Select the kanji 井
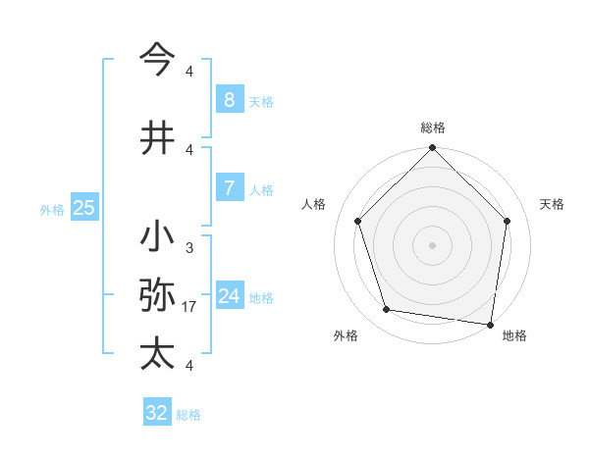(x=157, y=137)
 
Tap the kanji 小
(x=157, y=238)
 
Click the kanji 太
(x=157, y=353)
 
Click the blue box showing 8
(x=229, y=100)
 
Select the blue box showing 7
(x=229, y=188)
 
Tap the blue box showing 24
(x=229, y=296)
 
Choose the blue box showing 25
(x=83, y=208)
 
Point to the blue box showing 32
(x=157, y=413)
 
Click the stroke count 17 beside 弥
(x=189, y=307)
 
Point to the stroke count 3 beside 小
(x=189, y=249)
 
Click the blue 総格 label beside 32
(x=188, y=415)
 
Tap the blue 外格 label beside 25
(x=52, y=209)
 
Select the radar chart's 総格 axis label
(x=433, y=128)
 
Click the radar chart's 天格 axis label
(x=553, y=204)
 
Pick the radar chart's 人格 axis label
(x=314, y=204)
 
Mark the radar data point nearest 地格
(x=490, y=324)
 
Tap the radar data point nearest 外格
(x=387, y=310)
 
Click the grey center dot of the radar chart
(x=433, y=245)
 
